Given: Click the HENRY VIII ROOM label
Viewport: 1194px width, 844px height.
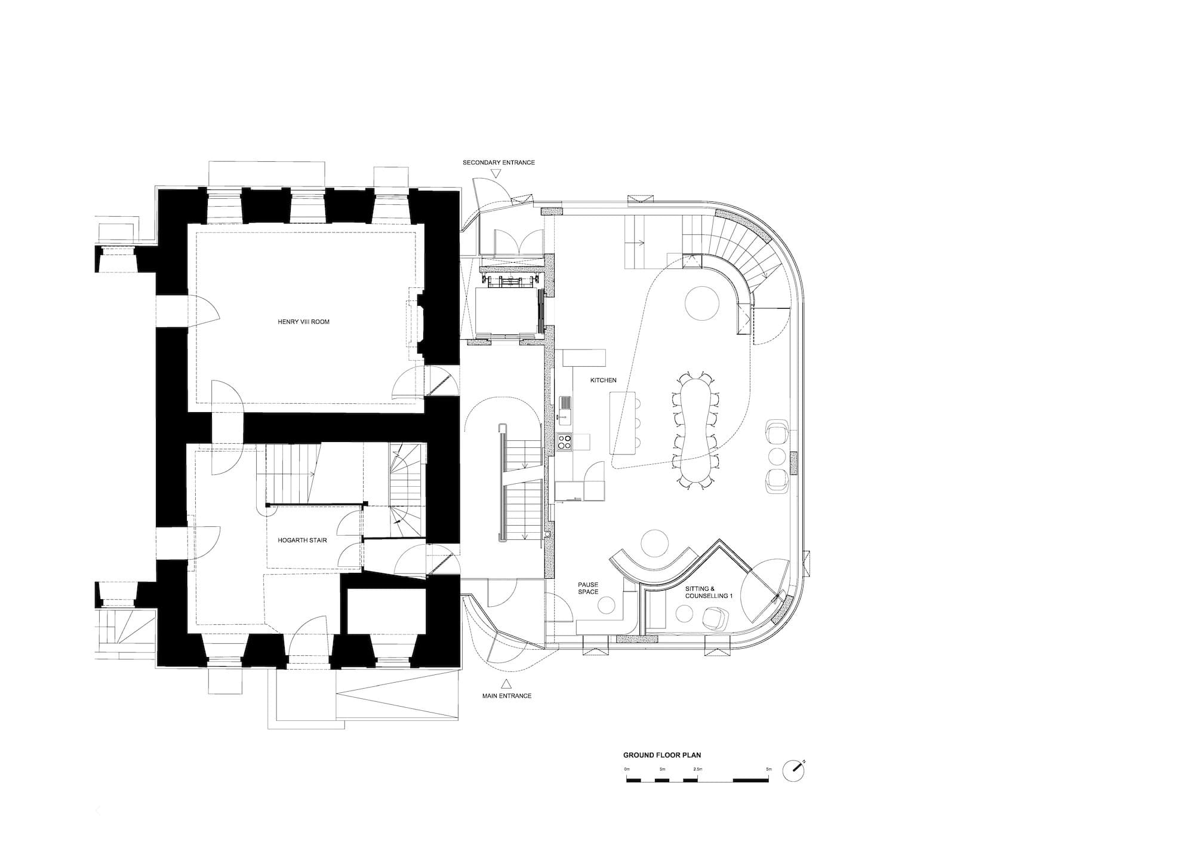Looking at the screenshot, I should [303, 322].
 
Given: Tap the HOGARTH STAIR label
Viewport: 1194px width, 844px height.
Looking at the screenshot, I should [302, 541].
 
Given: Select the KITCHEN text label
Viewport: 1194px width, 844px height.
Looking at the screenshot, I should [603, 380].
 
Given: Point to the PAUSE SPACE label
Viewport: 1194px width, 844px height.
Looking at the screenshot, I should [587, 588].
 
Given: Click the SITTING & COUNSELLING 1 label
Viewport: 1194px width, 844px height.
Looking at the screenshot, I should [708, 593].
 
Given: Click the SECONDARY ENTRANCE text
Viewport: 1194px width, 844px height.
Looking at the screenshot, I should [498, 162].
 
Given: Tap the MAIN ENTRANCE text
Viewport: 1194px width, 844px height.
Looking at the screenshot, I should [506, 696].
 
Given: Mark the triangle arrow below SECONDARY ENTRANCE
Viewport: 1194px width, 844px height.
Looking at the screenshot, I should [496, 174].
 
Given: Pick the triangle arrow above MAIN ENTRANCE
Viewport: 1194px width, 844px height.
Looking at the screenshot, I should [506, 684].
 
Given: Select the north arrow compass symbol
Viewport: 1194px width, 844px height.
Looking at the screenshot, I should [795, 771].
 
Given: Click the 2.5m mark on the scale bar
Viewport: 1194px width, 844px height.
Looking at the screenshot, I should [697, 769].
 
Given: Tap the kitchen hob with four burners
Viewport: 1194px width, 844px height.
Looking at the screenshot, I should [564, 442].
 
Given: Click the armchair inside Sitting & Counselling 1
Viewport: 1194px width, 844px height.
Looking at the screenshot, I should [716, 618].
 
